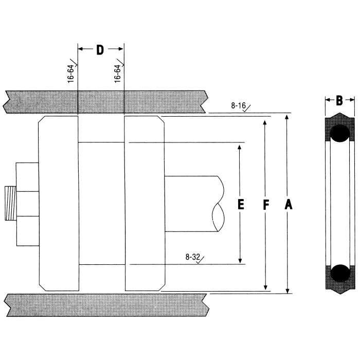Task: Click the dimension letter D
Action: pos(100,49)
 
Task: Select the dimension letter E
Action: pos(240,204)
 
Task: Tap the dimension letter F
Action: pos(265,205)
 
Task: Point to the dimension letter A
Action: pos(288,205)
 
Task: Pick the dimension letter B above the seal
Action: pos(339,101)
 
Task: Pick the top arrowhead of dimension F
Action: pos(265,122)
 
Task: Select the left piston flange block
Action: pos(59,204)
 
